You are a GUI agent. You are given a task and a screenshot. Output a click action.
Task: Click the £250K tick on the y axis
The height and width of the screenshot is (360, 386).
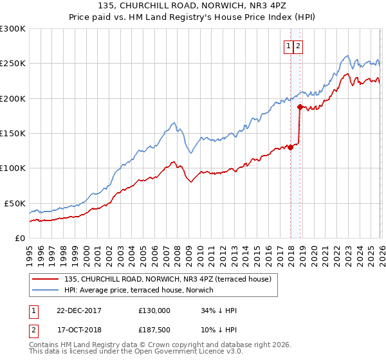(13, 64)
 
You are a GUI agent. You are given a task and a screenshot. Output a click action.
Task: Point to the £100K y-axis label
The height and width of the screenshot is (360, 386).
(13, 168)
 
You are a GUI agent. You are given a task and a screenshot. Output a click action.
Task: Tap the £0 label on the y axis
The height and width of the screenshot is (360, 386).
(19, 238)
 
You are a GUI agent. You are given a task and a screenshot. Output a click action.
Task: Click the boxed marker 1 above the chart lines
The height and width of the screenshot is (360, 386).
(289, 46)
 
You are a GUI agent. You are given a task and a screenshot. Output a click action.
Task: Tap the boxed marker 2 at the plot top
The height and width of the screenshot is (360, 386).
(299, 46)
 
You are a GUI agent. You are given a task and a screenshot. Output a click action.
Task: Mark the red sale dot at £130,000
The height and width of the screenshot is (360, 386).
(290, 147)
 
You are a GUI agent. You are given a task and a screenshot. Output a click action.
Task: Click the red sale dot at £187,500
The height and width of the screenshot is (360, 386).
(300, 107)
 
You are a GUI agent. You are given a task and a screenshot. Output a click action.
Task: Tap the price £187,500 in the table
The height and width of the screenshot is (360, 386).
(154, 330)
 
